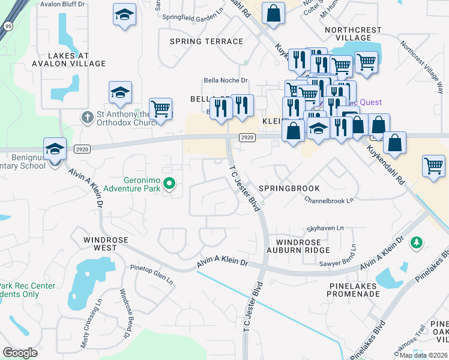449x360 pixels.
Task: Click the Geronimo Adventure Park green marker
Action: click(x=169, y=184)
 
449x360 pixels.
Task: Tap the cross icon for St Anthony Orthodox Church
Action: click(x=88, y=118)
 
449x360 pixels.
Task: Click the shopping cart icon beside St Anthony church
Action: click(x=160, y=109)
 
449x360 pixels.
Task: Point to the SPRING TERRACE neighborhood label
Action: click(x=206, y=41)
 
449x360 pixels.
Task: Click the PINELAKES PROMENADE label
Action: click(x=354, y=290)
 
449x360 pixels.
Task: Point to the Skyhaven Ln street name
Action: click(x=325, y=229)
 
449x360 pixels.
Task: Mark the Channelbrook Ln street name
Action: click(x=329, y=200)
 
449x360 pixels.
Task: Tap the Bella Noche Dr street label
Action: click(x=226, y=80)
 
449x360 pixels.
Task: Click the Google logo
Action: click(x=20, y=352)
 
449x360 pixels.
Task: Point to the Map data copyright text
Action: click(x=423, y=355)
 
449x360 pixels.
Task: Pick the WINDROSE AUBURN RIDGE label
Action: click(x=298, y=245)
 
